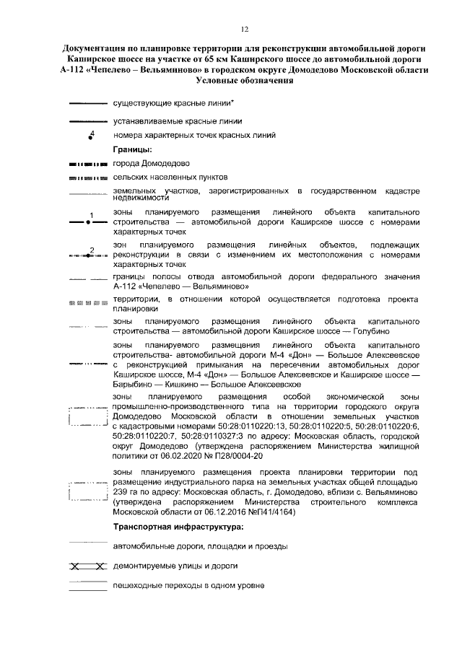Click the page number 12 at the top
(245, 29)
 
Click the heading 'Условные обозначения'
(245, 81)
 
